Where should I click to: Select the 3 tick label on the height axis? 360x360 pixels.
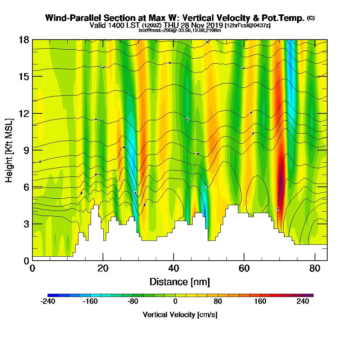tap(26, 224)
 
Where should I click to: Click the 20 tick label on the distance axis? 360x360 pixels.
tap(103, 268)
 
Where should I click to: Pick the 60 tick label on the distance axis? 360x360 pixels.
tap(244, 268)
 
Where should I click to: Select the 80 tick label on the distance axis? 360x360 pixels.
tap(315, 268)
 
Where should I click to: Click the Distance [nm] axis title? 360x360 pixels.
tap(180, 282)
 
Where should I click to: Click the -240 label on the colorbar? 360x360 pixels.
tap(48, 302)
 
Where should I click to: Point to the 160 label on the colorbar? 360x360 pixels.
tap(260, 302)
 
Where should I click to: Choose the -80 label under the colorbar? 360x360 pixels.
tap(133, 302)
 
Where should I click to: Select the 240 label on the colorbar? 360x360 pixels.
tap(303, 302)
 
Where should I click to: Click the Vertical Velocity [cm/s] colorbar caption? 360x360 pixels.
tap(180, 315)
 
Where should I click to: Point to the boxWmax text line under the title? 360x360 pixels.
tap(180, 30)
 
